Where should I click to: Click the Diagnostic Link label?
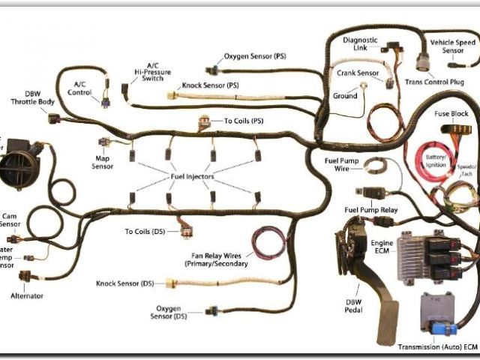359,43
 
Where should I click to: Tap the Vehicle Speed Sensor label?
454,47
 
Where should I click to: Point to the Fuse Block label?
451,113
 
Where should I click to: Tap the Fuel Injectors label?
190,177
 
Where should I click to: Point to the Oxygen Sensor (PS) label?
255,57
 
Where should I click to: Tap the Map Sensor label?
103,162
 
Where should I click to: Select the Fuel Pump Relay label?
370,209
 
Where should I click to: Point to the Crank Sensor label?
357,73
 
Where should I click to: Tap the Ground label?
345,96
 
